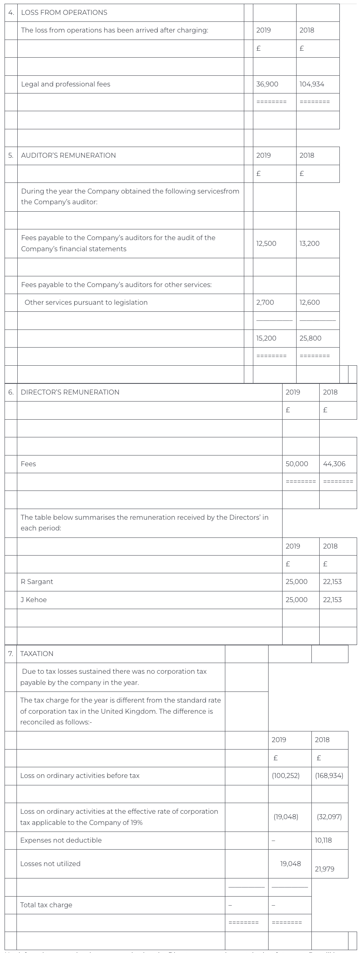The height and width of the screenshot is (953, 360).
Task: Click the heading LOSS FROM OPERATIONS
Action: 64,13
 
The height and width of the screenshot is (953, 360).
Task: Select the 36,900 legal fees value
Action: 267,84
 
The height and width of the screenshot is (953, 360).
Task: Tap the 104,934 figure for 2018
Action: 312,84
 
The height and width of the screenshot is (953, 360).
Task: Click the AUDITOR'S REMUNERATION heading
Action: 68,155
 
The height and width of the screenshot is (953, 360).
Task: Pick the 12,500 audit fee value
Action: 266,243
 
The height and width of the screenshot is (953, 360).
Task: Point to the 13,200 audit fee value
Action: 309,243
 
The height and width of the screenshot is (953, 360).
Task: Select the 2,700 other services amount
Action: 265,302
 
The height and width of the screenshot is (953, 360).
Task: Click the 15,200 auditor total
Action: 266,338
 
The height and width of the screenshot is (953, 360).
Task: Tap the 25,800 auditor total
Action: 310,338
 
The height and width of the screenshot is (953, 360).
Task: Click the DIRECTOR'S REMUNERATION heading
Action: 70,392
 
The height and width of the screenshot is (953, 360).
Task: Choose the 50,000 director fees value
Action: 297,464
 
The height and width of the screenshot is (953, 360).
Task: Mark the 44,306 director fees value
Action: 334,464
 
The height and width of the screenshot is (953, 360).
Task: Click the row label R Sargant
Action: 37,582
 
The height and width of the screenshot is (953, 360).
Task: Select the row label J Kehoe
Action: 33,600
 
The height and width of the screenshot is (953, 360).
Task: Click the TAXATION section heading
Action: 37,654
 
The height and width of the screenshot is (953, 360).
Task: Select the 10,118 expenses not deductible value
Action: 323,840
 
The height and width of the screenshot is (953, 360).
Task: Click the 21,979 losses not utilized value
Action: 324,869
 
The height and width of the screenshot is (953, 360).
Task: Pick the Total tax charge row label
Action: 46,905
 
